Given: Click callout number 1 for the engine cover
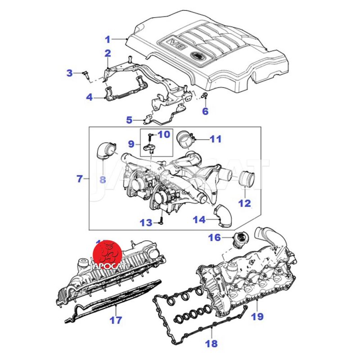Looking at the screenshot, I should [x=108, y=39].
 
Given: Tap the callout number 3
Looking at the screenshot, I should [x=70, y=73].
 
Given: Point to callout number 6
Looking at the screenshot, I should [x=205, y=111].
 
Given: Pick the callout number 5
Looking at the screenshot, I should [x=129, y=120].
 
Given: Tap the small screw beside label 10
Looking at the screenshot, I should [x=151, y=135].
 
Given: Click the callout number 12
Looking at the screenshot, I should [x=244, y=203].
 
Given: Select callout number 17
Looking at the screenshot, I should [x=116, y=321].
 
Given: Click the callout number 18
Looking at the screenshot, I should [x=211, y=344].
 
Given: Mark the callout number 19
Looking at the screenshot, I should [x=257, y=316].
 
